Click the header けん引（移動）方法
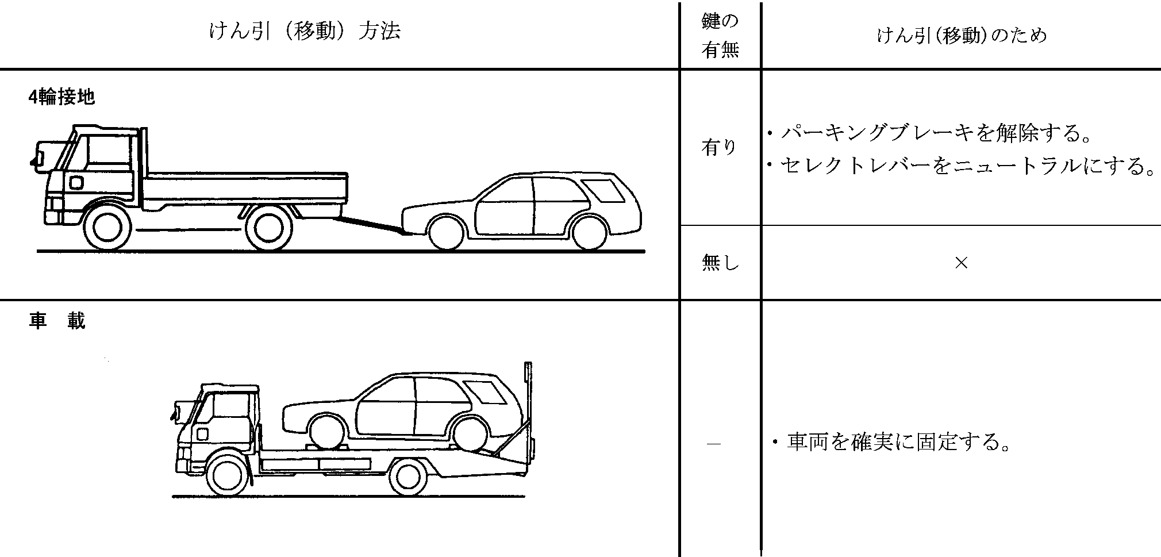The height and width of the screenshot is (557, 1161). pyautogui.click(x=305, y=31)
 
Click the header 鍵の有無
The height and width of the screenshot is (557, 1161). pyautogui.click(x=720, y=36)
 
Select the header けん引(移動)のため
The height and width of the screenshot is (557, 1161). pyautogui.click(x=962, y=36)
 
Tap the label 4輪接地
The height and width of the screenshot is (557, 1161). pyautogui.click(x=61, y=98)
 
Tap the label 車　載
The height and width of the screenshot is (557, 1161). pyautogui.click(x=57, y=321)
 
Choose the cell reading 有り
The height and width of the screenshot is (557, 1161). pyautogui.click(x=718, y=148)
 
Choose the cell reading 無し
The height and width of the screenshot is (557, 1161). pyautogui.click(x=720, y=263)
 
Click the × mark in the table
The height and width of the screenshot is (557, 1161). pyautogui.click(x=961, y=263)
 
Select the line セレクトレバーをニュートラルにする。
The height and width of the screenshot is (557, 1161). pyautogui.click(x=961, y=167)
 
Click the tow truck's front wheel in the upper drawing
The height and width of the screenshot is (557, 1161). pyautogui.click(x=107, y=228)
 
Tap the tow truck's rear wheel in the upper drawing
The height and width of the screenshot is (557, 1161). pyautogui.click(x=268, y=228)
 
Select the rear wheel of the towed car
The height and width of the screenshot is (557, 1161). pyautogui.click(x=590, y=232)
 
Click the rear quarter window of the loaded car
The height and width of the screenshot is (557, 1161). pyautogui.click(x=485, y=391)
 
